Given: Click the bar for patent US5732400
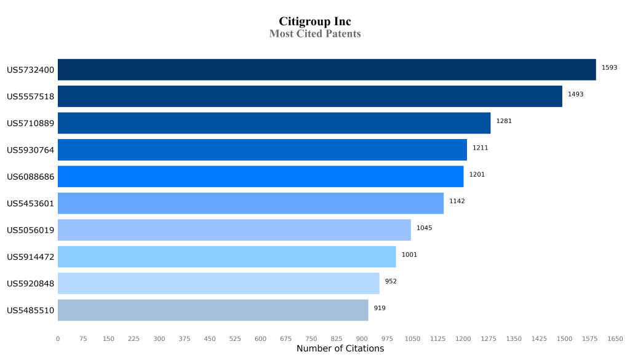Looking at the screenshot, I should point(327,70).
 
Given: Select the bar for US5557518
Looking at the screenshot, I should point(310,96).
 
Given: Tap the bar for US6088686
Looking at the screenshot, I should point(260,177).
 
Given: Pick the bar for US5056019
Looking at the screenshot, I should point(234,230).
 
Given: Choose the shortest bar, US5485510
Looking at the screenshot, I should point(213,310).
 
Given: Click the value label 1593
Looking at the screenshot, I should point(609,68).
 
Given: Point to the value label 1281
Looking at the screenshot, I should point(504,121).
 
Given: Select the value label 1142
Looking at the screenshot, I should point(457,201).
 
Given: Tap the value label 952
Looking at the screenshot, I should point(391,281).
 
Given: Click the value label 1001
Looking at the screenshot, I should point(409,255).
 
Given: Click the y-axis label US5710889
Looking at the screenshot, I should point(31,123).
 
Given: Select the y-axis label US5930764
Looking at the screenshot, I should point(31,150).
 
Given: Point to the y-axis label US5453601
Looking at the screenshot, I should point(31,204).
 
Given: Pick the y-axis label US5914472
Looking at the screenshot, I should point(31,257).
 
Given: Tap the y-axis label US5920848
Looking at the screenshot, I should point(31,284).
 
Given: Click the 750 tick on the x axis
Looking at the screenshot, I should point(311,338).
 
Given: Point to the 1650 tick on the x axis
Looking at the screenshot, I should point(615,338).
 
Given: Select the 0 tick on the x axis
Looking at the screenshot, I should point(58,338).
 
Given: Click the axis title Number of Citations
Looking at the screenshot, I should point(340,349).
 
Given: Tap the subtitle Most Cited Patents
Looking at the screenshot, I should point(315,34).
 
